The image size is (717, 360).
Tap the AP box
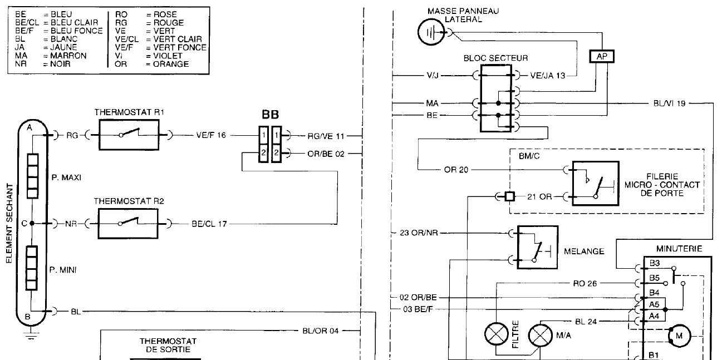tap(602, 57)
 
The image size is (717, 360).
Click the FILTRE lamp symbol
tap(497, 334)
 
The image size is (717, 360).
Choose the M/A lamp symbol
tap(541, 336)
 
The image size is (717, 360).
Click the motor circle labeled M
tap(679, 336)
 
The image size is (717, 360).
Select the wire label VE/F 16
tap(211, 135)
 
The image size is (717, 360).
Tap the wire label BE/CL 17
tap(209, 224)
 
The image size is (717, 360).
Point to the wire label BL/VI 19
tap(669, 103)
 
